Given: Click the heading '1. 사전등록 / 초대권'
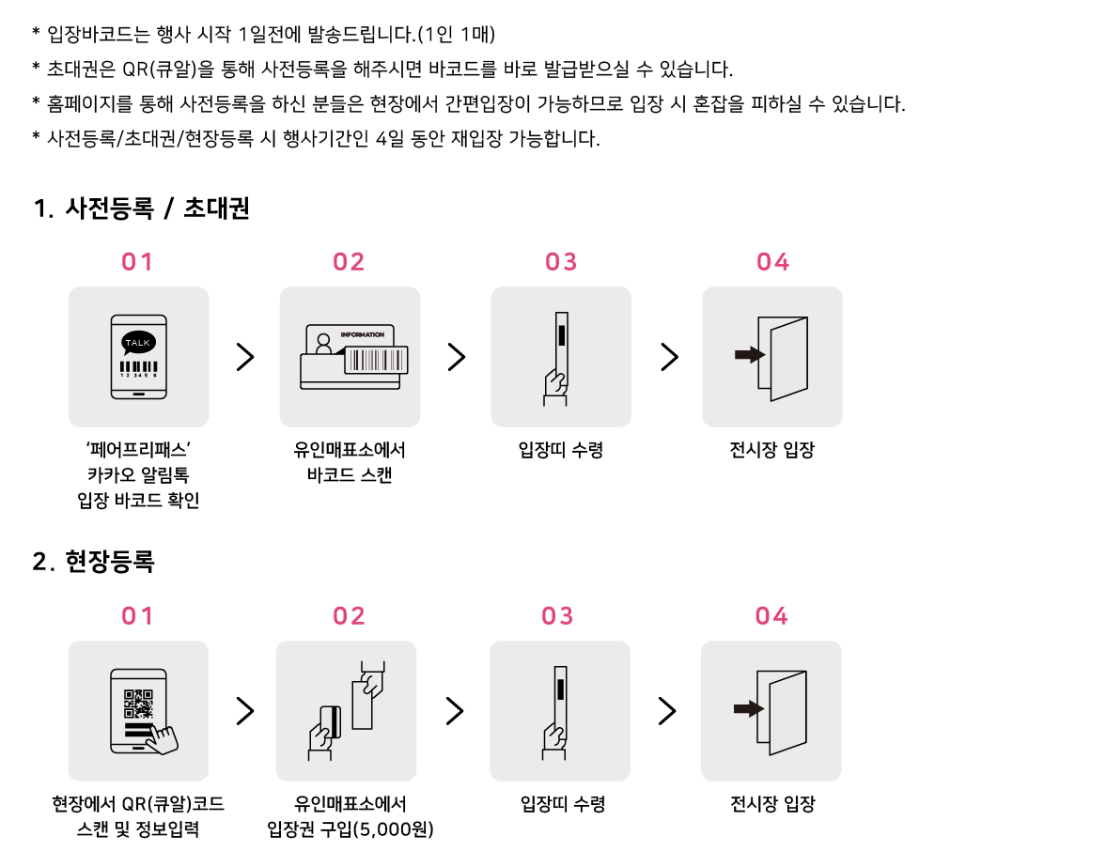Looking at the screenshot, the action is coord(141,209).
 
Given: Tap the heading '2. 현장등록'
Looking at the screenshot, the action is coord(93,562).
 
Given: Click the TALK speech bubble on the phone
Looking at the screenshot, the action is coord(138,343).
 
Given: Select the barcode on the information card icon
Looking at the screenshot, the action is coord(376,360).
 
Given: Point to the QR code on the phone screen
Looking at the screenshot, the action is coord(138,704).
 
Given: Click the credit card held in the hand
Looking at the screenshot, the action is coord(331,721).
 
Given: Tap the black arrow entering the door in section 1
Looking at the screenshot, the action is coord(749,354).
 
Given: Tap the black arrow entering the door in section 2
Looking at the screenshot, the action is coord(748,708).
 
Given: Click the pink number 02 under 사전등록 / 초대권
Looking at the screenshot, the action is coord(349,262).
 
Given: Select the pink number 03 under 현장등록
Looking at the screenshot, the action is coord(557,616).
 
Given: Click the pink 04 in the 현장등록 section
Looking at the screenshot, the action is coord(771,616).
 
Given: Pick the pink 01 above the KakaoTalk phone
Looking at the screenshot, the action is coord(137,262).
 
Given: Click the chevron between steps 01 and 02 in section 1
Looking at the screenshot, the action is coord(245,357).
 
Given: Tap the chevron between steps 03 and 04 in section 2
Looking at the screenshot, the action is coord(667,710).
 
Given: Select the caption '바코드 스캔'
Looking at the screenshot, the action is coord(350,475).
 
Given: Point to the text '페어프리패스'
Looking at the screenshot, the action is coord(138,450).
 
